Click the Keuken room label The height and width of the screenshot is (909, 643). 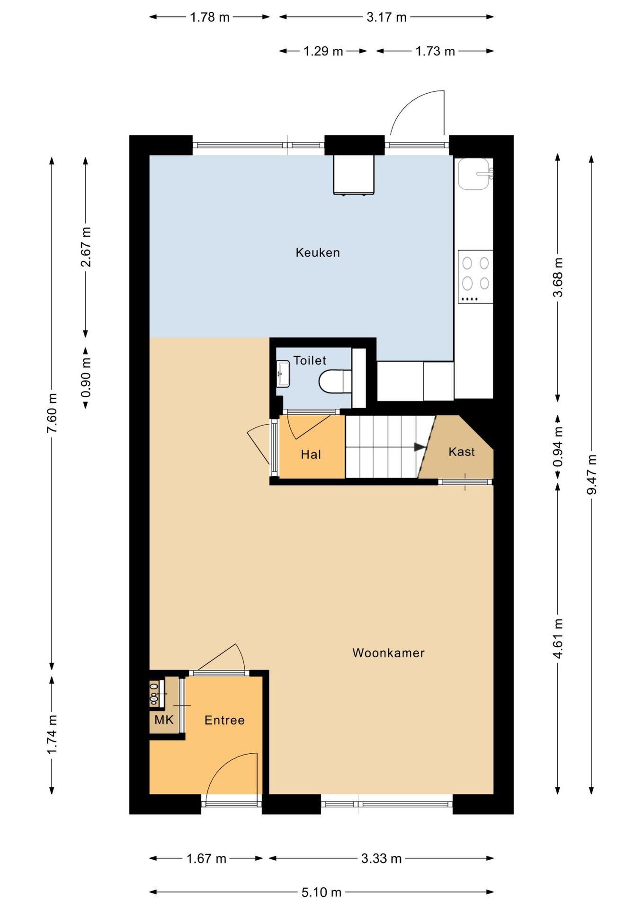[x=318, y=252]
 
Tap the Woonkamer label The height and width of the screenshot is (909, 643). [x=388, y=653]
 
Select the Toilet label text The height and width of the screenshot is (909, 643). [x=310, y=360]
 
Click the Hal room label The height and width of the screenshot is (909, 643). [x=311, y=454]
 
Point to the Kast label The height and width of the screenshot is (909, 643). [x=461, y=452]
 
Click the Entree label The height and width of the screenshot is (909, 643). [x=224, y=720]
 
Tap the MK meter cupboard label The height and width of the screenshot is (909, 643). [x=164, y=720]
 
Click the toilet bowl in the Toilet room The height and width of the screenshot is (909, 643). [x=335, y=382]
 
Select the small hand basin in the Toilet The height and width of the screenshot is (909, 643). [x=283, y=374]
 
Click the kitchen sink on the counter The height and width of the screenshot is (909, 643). [x=475, y=174]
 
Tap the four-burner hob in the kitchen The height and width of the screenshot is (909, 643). [x=475, y=276]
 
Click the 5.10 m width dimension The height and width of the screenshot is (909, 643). [x=321, y=892]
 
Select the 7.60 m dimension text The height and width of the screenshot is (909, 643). [x=52, y=413]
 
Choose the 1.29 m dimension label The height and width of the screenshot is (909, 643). [x=323, y=51]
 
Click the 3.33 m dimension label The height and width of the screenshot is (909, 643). [x=381, y=858]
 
